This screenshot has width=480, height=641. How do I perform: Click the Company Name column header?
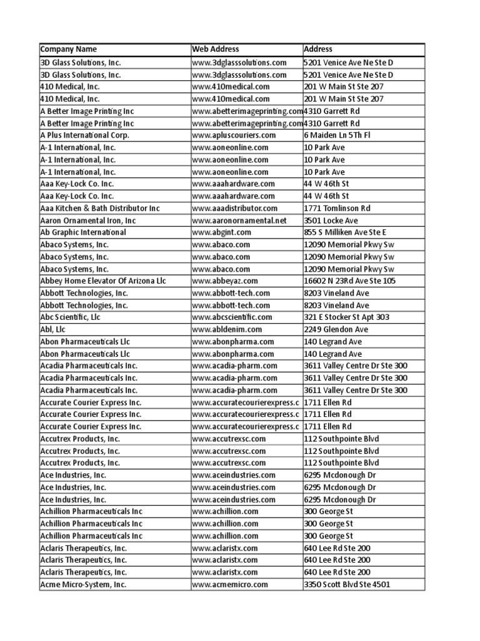click(69, 49)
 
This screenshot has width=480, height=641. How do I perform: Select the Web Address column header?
click(216, 49)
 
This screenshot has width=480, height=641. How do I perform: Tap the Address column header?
click(318, 49)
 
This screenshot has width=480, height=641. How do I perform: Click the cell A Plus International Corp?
click(84, 135)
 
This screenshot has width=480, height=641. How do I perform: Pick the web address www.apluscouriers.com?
click(234, 135)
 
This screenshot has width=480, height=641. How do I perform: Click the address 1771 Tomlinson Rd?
click(337, 208)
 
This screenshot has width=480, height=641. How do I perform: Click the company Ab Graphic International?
click(83, 232)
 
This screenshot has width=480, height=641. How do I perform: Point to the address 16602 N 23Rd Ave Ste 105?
click(350, 281)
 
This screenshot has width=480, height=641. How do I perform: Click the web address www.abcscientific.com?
click(232, 317)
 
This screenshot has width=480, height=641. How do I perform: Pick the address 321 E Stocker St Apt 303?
click(347, 317)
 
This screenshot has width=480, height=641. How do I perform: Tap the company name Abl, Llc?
click(52, 329)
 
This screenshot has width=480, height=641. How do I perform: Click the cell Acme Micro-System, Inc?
click(83, 585)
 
